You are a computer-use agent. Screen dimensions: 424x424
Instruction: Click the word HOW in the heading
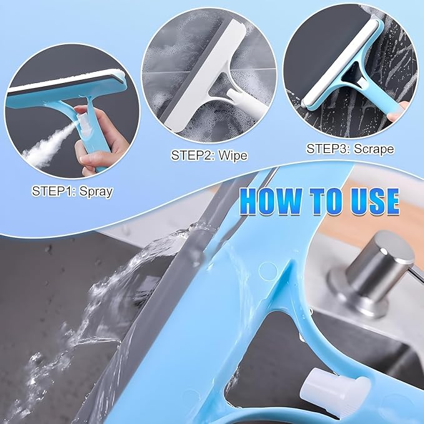[270, 201]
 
